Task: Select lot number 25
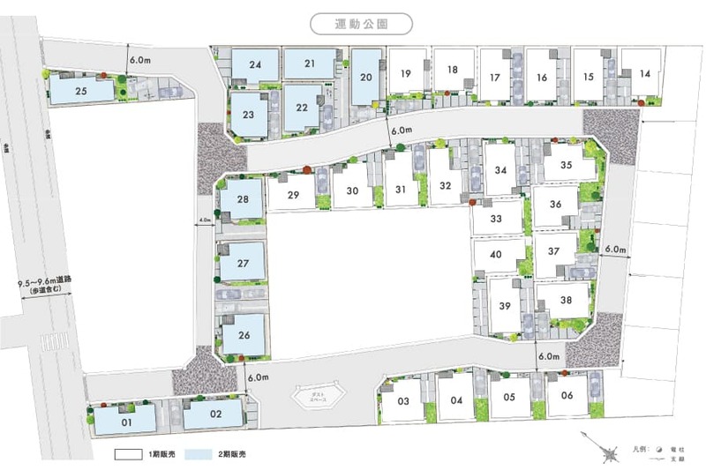pos(80,90)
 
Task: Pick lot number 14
pos(644,73)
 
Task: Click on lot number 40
pos(495,255)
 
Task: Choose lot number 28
pos(243,198)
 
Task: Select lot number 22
pos(302,108)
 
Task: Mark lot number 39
pos(505,305)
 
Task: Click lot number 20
pos(366,77)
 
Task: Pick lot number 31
pos(401,188)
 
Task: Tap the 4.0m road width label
pos(206,220)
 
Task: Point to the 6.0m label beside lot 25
pos(140,60)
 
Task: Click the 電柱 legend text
pos(678,449)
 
